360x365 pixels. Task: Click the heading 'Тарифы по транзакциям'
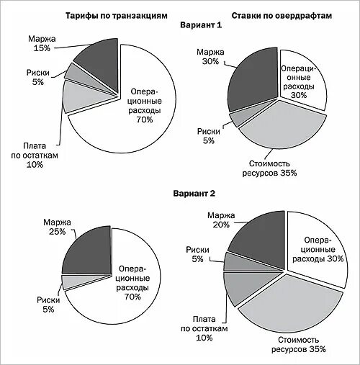pyautogui.click(x=117, y=16)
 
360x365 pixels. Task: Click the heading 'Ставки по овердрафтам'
pyautogui.click(x=282, y=16)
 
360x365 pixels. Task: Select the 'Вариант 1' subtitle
pyautogui.click(x=201, y=25)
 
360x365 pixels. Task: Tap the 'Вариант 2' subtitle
pyautogui.click(x=194, y=194)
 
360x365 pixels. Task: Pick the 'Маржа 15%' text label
pyautogui.click(x=42, y=43)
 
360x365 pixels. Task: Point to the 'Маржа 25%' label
pyautogui.click(x=57, y=227)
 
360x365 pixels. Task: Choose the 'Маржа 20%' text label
pyautogui.click(x=221, y=220)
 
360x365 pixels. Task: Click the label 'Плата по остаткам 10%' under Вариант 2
pyautogui.click(x=204, y=328)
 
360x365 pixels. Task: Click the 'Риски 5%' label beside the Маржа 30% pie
pyautogui.click(x=208, y=136)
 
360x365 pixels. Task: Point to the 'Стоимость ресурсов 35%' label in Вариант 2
pyautogui.click(x=299, y=344)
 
